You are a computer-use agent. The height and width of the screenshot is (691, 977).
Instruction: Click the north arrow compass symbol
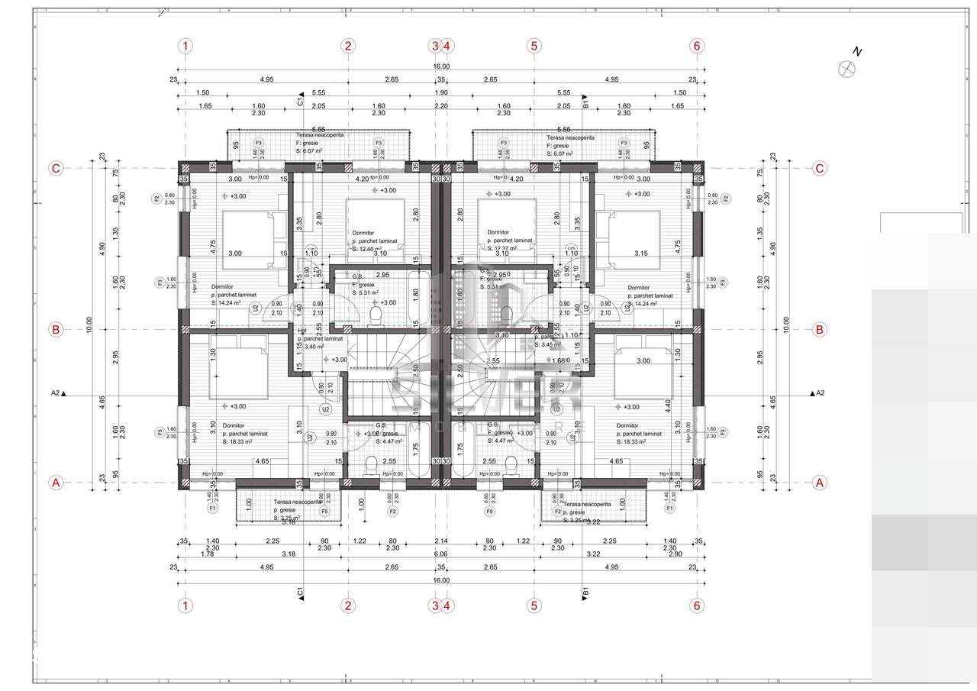click(847, 68)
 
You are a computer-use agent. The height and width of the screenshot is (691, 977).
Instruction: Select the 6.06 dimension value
click(440, 554)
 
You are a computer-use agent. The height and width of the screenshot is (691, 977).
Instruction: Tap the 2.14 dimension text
click(440, 541)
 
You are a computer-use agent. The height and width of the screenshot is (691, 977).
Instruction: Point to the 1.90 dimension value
click(440, 92)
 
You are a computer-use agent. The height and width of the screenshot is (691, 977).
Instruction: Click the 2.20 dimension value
click(440, 106)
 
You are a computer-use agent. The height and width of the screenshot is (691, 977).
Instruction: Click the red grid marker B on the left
click(55, 330)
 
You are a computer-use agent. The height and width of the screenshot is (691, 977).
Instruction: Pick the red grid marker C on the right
click(820, 168)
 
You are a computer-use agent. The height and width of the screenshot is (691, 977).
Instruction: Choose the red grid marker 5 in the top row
click(534, 46)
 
